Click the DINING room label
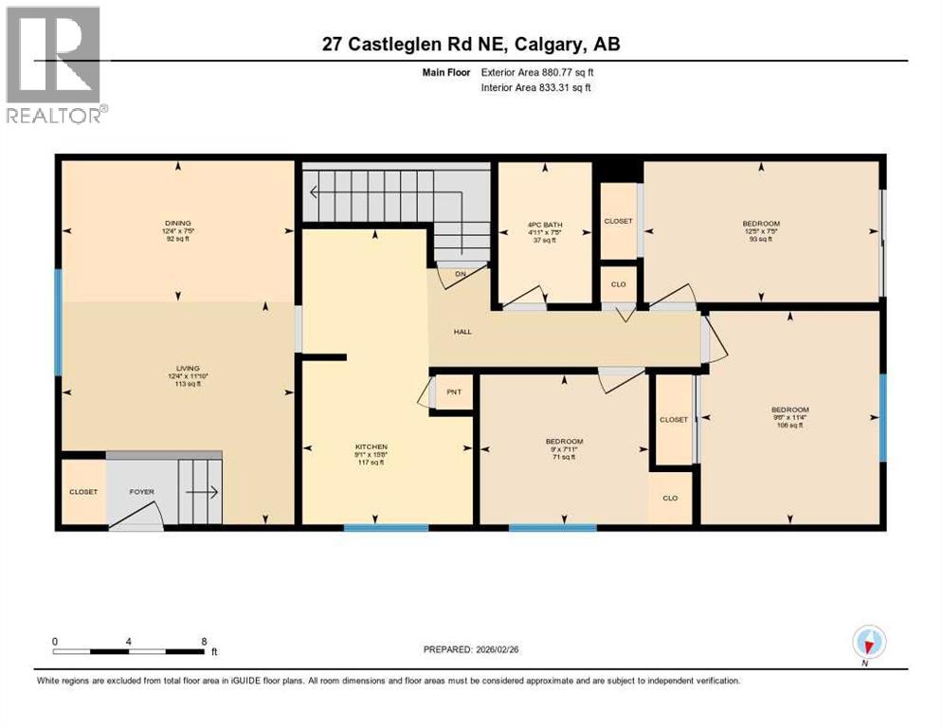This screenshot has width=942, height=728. point(177,224)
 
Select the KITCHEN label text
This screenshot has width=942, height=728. point(371,446)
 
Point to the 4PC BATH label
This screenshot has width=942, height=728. point(545,224)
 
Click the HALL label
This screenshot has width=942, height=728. point(462,332)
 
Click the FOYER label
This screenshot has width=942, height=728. point(141,492)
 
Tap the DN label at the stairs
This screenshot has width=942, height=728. point(461,274)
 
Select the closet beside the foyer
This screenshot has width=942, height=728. point(83,492)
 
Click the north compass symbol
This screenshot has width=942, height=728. point(868,642)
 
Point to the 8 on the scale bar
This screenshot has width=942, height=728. point(204,641)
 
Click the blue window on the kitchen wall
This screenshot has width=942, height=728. point(372,527)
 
